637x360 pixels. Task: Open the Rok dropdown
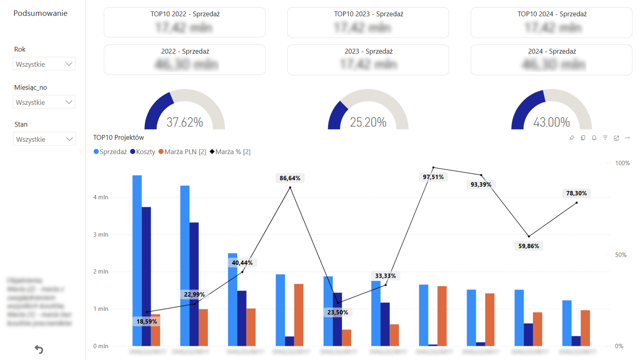point(44,64)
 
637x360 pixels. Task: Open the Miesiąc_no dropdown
point(44,103)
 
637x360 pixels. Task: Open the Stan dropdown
point(44,140)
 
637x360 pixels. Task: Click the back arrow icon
point(39,349)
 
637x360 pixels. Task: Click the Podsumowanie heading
point(40,13)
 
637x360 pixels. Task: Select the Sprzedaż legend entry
point(110,152)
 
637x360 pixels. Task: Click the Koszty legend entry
point(143,152)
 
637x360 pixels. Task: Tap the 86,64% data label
point(290,178)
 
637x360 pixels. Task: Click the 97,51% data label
point(433,177)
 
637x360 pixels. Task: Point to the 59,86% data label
point(528,246)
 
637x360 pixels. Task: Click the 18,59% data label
point(146,321)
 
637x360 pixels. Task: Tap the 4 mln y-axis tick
point(100,197)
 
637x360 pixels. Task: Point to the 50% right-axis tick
point(621,255)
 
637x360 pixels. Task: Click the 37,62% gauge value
point(185,122)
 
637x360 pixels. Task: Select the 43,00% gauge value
point(551,122)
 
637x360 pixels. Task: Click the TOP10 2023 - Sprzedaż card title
point(369,14)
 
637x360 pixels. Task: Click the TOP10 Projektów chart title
point(118,137)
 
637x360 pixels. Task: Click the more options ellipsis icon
point(627,138)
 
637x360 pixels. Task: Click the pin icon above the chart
point(572,138)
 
